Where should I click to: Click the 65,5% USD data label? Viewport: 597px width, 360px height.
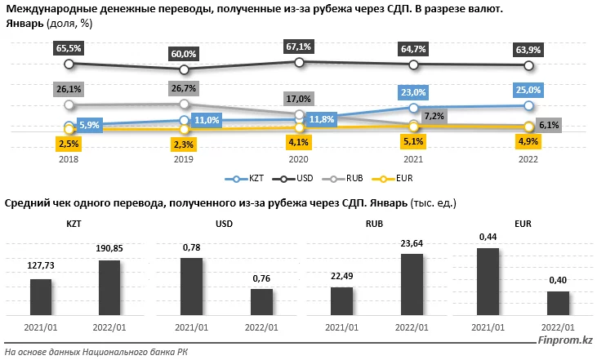pyautogui.click(x=69, y=48)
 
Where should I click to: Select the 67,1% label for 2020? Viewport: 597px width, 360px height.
pyautogui.click(x=300, y=46)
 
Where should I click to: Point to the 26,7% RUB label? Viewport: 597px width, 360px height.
pyautogui.click(x=184, y=87)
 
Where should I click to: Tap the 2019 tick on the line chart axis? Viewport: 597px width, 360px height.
pyautogui.click(x=184, y=160)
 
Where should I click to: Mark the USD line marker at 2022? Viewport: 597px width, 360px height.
pyautogui.click(x=529, y=65)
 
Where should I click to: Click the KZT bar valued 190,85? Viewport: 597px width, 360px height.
pyautogui.click(x=109, y=290)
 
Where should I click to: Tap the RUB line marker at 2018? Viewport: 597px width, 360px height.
pyautogui.click(x=69, y=104)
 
